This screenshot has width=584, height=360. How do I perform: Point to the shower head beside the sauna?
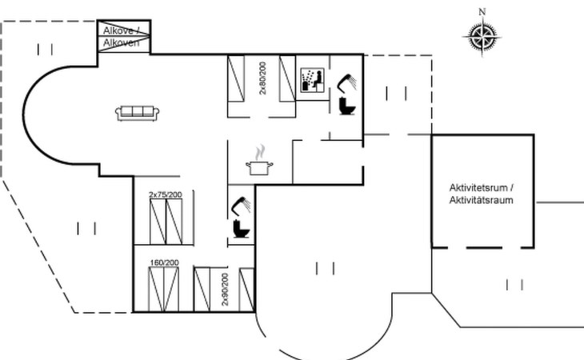pyautogui.click(x=346, y=81)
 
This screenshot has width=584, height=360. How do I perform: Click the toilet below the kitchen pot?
pyautogui.click(x=239, y=230)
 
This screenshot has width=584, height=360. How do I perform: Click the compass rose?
pyautogui.click(x=482, y=35)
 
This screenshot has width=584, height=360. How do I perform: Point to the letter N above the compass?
pyautogui.click(x=482, y=11)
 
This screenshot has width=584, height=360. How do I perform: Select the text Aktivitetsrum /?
pyautogui.click(x=481, y=188)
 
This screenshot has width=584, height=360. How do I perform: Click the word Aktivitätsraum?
pyautogui.click(x=481, y=200)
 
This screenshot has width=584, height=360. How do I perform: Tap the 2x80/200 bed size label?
pyautogui.click(x=262, y=78)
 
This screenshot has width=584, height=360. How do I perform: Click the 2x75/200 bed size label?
pyautogui.click(x=166, y=194)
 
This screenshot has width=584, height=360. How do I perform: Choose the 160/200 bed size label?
pyautogui.click(x=164, y=262)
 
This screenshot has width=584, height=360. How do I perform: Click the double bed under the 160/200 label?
pyautogui.click(x=165, y=290)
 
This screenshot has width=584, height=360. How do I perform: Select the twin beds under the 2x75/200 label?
pyautogui.click(x=166, y=221)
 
